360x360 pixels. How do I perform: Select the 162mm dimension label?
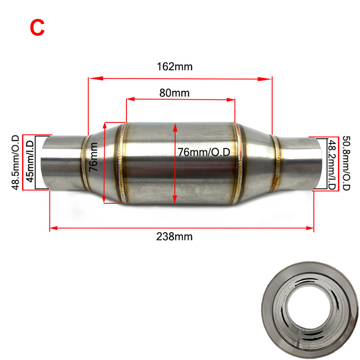175,67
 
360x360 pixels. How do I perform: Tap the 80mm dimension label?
174,93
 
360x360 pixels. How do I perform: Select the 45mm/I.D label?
29,162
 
